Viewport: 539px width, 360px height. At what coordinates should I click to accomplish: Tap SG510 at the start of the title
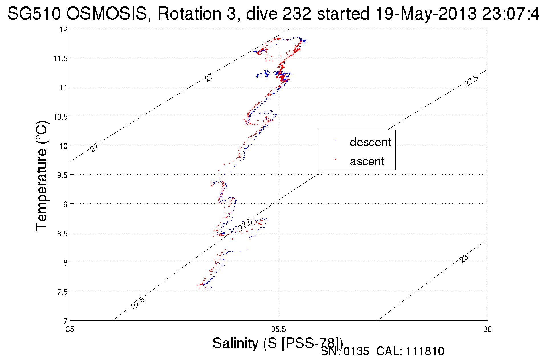[x=34, y=13]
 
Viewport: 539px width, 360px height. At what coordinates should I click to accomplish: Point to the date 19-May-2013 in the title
[x=426, y=13]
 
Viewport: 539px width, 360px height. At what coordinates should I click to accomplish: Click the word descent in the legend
[x=370, y=142]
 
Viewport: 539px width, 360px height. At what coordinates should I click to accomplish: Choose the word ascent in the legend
[x=367, y=161]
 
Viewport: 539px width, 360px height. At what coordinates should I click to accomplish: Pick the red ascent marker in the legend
[x=335, y=159]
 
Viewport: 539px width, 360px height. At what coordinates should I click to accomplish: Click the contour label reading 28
[x=464, y=258]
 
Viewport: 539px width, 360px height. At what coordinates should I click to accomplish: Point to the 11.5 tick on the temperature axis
[x=60, y=58]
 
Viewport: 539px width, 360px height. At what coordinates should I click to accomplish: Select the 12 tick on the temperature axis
[x=64, y=29]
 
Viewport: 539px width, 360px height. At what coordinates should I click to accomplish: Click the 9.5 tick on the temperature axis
[x=62, y=175]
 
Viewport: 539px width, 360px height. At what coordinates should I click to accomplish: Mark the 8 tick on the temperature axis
[x=65, y=263]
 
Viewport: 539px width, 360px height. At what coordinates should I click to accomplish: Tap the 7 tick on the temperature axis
[x=65, y=321]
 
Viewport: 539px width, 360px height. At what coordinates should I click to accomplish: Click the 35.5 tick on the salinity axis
[x=278, y=329]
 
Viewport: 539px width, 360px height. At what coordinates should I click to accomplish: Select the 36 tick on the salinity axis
[x=487, y=329]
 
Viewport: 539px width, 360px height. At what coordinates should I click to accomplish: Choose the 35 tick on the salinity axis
[x=70, y=329]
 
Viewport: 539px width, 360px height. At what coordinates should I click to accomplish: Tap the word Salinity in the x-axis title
[x=235, y=343]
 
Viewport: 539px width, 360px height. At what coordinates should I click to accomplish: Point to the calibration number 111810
[x=425, y=351]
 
